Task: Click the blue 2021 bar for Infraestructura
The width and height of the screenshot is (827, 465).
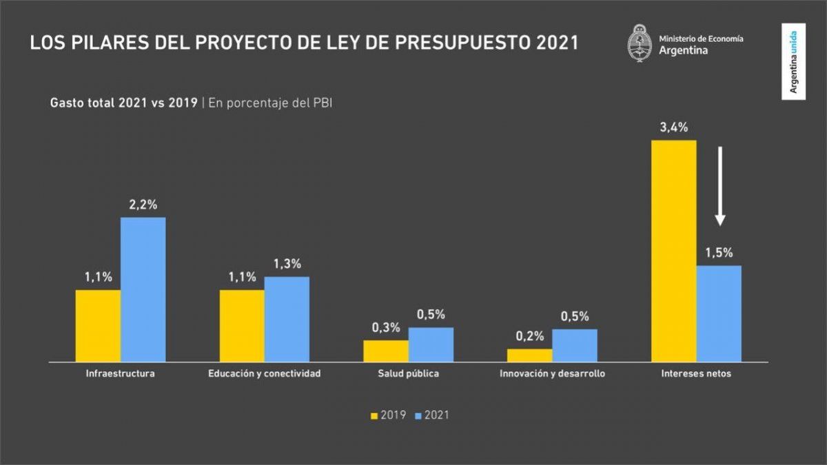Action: pyautogui.click(x=143, y=289)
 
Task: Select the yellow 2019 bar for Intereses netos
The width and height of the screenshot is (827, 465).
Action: pyautogui.click(x=673, y=251)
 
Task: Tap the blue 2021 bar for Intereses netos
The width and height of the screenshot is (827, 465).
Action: pyautogui.click(x=719, y=313)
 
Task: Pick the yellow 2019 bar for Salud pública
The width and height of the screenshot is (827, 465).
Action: pyautogui.click(x=386, y=351)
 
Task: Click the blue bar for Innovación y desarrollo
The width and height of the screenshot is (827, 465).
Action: pyautogui.click(x=575, y=345)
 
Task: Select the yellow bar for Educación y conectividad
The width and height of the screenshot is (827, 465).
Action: pyautogui.click(x=242, y=325)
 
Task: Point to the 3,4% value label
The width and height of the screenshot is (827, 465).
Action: pyautogui.click(x=673, y=127)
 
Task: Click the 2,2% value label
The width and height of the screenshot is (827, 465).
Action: pyautogui.click(x=143, y=205)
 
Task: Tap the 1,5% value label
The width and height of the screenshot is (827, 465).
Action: pyautogui.click(x=719, y=253)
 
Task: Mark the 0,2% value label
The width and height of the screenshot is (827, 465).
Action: pyautogui.click(x=530, y=336)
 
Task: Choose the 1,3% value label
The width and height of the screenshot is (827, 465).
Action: pyautogui.click(x=287, y=264)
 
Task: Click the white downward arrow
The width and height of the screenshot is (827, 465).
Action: pyautogui.click(x=719, y=185)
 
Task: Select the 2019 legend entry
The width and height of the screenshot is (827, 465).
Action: pyautogui.click(x=388, y=415)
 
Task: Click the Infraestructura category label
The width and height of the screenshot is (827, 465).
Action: pyautogui.click(x=120, y=374)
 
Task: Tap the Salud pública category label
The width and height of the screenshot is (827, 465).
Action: pyautogui.click(x=408, y=374)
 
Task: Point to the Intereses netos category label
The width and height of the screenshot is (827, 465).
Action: pyautogui.click(x=696, y=374)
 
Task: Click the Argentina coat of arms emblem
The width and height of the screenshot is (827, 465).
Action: pyautogui.click(x=640, y=43)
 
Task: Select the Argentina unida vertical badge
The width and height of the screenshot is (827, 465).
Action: pyautogui.click(x=794, y=61)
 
